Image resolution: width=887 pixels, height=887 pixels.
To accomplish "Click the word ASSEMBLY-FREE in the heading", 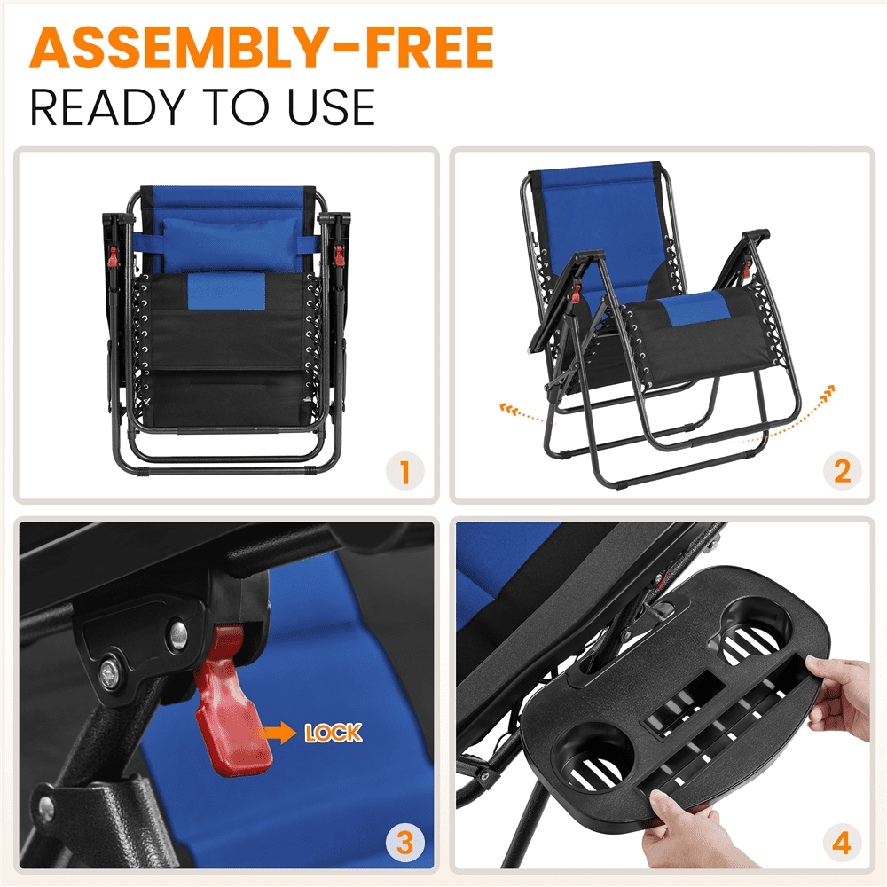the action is tap(262, 48).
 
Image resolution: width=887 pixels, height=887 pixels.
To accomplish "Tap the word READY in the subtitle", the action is tap(108, 107).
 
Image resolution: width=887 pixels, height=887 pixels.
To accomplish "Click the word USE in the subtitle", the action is tap(332, 107).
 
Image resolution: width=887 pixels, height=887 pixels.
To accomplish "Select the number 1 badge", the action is tap(405, 471).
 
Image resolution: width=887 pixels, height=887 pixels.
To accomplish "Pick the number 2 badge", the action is tap(843, 471).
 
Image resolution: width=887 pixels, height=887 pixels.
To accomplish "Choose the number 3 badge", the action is tap(405, 843).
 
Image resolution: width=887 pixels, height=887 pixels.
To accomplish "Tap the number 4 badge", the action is tap(843, 843).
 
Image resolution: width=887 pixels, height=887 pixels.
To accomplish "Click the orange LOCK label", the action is tap(334, 734).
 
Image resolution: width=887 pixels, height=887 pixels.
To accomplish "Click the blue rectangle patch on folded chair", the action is tap(226, 291).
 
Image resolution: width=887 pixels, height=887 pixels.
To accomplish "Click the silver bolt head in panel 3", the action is tap(179, 632).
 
